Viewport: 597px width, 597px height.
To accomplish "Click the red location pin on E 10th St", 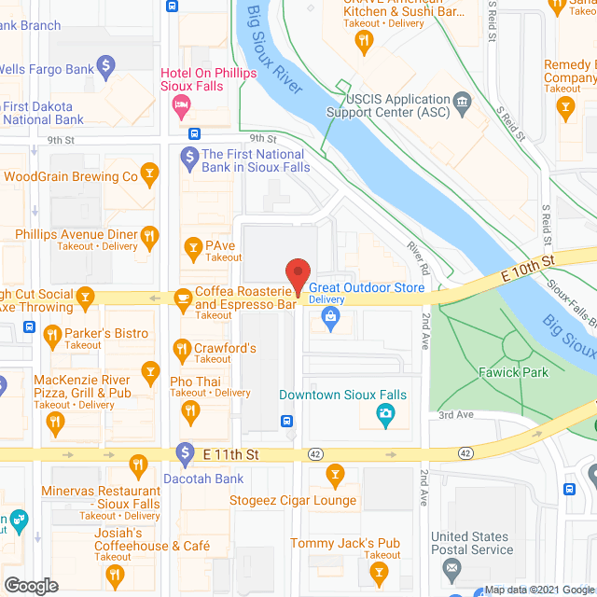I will pyautogui.click(x=297, y=275).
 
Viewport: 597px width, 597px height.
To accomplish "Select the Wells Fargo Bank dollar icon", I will pyautogui.click(x=106, y=66).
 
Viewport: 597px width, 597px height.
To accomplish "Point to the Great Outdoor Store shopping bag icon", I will pyautogui.click(x=330, y=318).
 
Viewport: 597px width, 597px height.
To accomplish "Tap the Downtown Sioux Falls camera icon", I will pyautogui.click(x=384, y=413).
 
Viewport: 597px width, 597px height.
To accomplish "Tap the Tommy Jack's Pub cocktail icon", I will pyautogui.click(x=377, y=568).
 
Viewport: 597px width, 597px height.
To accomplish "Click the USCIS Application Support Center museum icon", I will pyautogui.click(x=462, y=100).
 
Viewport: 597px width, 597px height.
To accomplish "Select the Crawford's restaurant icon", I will pyautogui.click(x=182, y=350).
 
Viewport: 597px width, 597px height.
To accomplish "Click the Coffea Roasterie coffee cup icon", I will pyautogui.click(x=182, y=297).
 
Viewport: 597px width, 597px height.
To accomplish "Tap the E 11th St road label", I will pyautogui.click(x=230, y=453).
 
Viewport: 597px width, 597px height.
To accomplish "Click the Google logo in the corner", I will pyautogui.click(x=30, y=586).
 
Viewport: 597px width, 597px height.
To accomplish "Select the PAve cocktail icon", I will pyautogui.click(x=192, y=246).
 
